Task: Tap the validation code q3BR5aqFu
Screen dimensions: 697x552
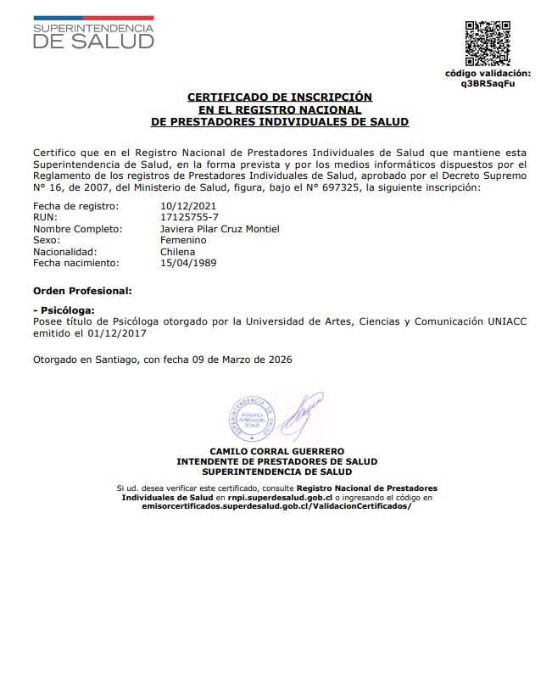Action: [488, 84]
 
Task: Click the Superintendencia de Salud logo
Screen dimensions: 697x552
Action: [93, 33]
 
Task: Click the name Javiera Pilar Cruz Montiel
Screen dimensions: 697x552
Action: [220, 229]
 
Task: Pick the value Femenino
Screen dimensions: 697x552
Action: [183, 241]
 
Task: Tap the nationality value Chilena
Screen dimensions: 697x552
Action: [177, 252]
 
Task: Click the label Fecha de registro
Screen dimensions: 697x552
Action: [75, 206]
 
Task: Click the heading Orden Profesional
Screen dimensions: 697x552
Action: [81, 290]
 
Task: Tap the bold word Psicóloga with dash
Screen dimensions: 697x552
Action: [64, 310]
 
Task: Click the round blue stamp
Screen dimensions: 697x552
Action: [253, 418]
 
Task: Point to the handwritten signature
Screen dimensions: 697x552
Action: [300, 413]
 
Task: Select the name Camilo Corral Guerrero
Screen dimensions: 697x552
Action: [276, 451]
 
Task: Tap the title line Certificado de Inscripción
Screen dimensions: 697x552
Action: [279, 98]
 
